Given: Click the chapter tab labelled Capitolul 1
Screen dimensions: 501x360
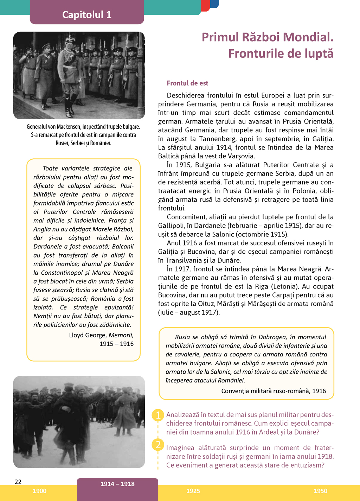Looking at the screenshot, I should pyautogui.click(x=87, y=14).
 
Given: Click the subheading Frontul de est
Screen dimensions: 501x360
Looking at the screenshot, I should pyautogui.click(x=187, y=83).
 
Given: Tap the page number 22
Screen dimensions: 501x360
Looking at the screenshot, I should pyautogui.click(x=18, y=482).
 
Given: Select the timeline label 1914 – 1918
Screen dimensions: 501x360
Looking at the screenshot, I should pyautogui.click(x=117, y=484).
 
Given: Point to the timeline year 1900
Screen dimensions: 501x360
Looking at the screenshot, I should pyautogui.click(x=39, y=491).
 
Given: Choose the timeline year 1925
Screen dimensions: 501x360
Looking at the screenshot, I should pyautogui.click(x=193, y=491).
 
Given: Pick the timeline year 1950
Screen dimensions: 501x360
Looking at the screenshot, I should pyautogui.click(x=320, y=491).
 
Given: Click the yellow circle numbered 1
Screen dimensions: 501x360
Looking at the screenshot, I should pyautogui.click(x=158, y=415).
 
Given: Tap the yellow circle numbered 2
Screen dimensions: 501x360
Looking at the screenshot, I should pyautogui.click(x=158, y=445).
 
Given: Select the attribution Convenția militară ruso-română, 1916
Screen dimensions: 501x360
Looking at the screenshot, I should pyautogui.click(x=274, y=391).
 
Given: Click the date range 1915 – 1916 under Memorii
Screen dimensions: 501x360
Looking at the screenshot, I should pyautogui.click(x=116, y=344).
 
